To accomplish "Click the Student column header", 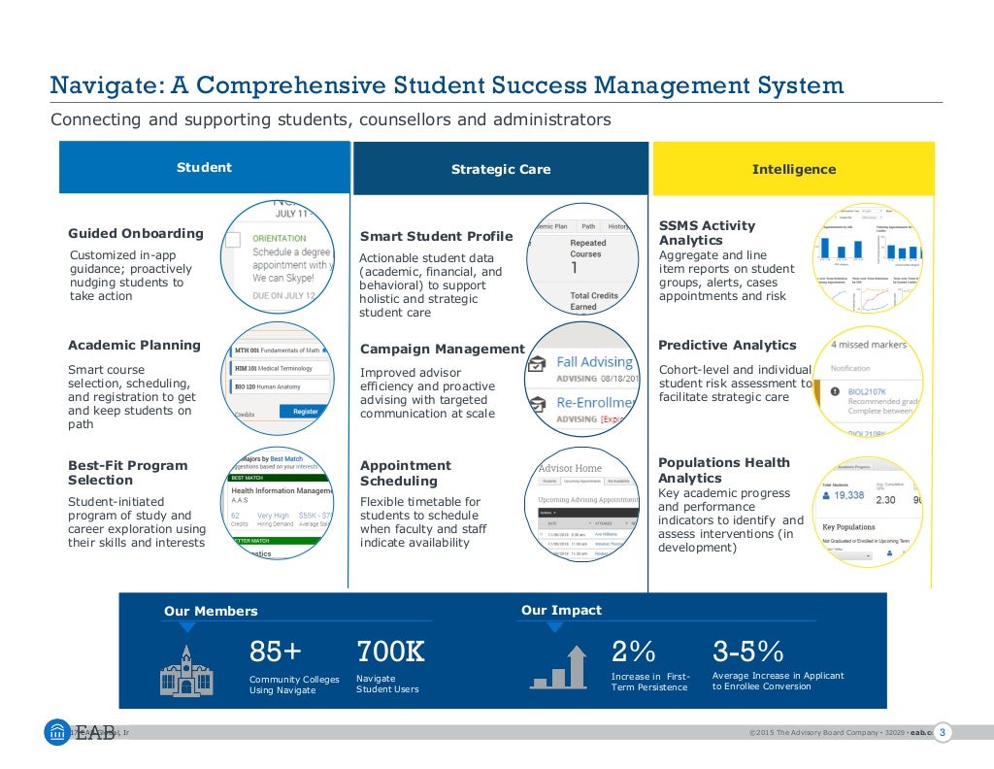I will click(204, 168).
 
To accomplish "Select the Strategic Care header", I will click(500, 169).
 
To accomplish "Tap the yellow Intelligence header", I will click(793, 169).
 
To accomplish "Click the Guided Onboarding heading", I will click(136, 233).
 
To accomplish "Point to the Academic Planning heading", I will click(134, 345).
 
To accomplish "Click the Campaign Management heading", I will click(442, 349).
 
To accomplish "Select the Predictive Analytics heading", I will click(727, 345).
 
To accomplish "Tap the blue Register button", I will click(305, 412).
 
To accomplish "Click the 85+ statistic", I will click(276, 651).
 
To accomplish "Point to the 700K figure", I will click(390, 651).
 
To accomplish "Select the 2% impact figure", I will click(634, 651).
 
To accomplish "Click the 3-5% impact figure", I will click(747, 651).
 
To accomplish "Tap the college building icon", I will click(186, 670).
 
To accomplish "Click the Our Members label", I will click(211, 611).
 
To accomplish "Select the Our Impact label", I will click(561, 610).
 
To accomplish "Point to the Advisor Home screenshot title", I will click(570, 468).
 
